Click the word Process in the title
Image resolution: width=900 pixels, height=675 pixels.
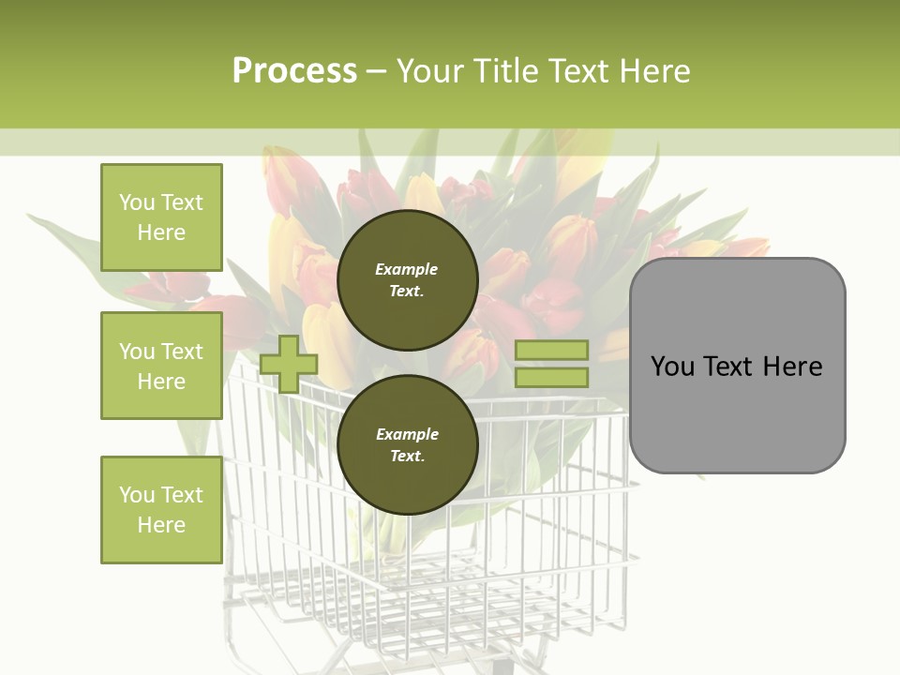[x=294, y=71]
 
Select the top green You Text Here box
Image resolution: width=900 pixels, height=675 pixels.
[x=161, y=217]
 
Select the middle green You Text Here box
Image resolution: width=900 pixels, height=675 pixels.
[x=161, y=366]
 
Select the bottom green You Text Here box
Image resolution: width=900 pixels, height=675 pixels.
[x=161, y=509]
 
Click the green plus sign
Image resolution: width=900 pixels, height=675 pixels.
[x=288, y=364]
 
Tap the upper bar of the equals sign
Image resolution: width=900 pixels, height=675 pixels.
[x=552, y=350]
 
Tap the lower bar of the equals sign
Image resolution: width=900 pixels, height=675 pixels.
[x=552, y=378]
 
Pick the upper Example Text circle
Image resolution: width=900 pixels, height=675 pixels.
[x=407, y=280]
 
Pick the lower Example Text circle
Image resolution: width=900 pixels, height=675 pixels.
[x=407, y=445]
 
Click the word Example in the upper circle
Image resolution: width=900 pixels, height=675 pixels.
[x=407, y=269]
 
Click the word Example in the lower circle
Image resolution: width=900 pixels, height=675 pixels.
[x=407, y=434]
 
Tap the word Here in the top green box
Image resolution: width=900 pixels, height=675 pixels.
[x=161, y=232]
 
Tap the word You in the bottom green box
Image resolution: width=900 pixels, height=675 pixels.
[x=136, y=495]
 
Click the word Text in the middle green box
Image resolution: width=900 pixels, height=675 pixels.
[x=181, y=352]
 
